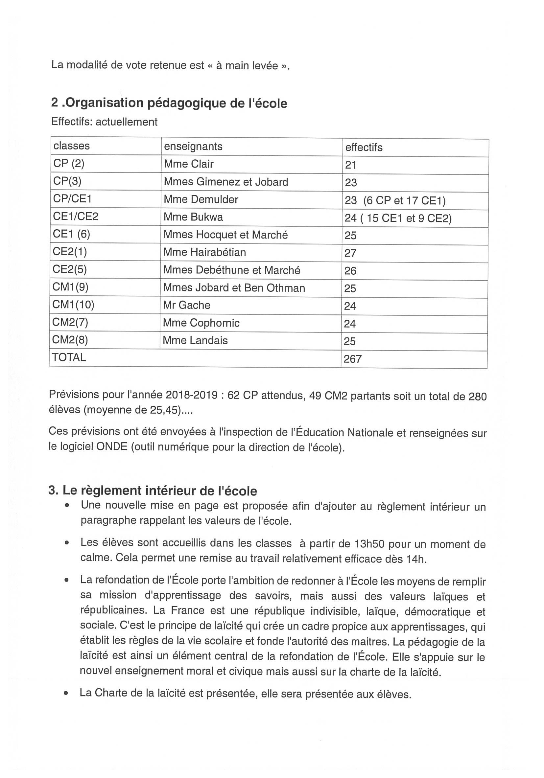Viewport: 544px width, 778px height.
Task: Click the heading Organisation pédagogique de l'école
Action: pyautogui.click(x=169, y=103)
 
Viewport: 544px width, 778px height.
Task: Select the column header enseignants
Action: pyautogui.click(x=193, y=147)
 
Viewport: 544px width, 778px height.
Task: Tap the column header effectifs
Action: pyautogui.click(x=364, y=148)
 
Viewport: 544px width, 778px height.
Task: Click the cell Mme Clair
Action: pyautogui.click(x=188, y=164)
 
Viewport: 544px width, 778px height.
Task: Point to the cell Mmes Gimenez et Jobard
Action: pyautogui.click(x=226, y=182)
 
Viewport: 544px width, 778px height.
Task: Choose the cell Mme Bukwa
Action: pyautogui.click(x=193, y=217)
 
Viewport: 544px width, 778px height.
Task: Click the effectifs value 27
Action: pyautogui.click(x=350, y=253)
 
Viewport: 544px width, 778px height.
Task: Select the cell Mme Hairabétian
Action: pyautogui.click(x=204, y=252)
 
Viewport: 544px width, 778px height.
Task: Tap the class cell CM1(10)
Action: pyautogui.click(x=73, y=305)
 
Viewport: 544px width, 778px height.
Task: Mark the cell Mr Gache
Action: pyautogui.click(x=186, y=305)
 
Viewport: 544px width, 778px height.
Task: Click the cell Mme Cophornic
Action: pyautogui.click(x=201, y=323)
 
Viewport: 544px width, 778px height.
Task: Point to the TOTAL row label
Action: pyautogui.click(x=69, y=357)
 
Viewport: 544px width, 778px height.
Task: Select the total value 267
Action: pyautogui.click(x=352, y=359)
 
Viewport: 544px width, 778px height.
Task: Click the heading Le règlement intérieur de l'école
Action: pyautogui.click(x=153, y=491)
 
